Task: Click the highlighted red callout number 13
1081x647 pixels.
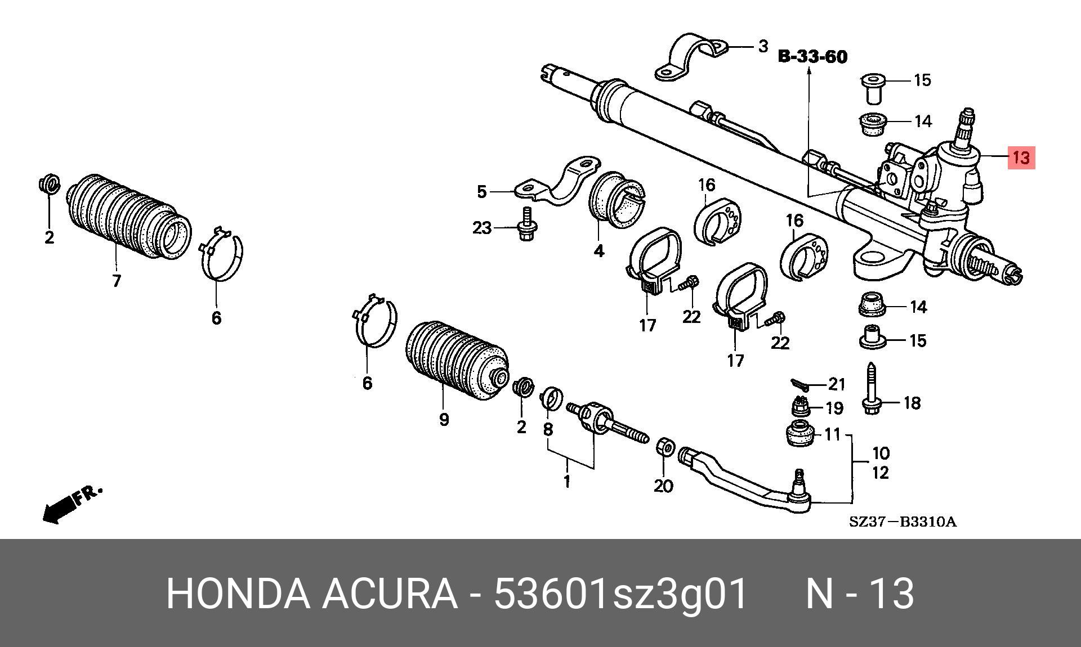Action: [1021, 158]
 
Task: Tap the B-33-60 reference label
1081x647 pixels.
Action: [812, 57]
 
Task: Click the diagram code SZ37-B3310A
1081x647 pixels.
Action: [903, 522]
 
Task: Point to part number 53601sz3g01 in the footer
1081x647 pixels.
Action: [620, 594]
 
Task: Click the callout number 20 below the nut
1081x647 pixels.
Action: [663, 486]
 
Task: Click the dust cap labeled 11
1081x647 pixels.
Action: [799, 433]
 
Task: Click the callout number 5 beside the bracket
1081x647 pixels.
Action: [481, 192]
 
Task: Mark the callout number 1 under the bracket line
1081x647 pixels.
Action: [567, 482]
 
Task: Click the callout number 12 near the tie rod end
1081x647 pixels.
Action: [881, 473]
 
